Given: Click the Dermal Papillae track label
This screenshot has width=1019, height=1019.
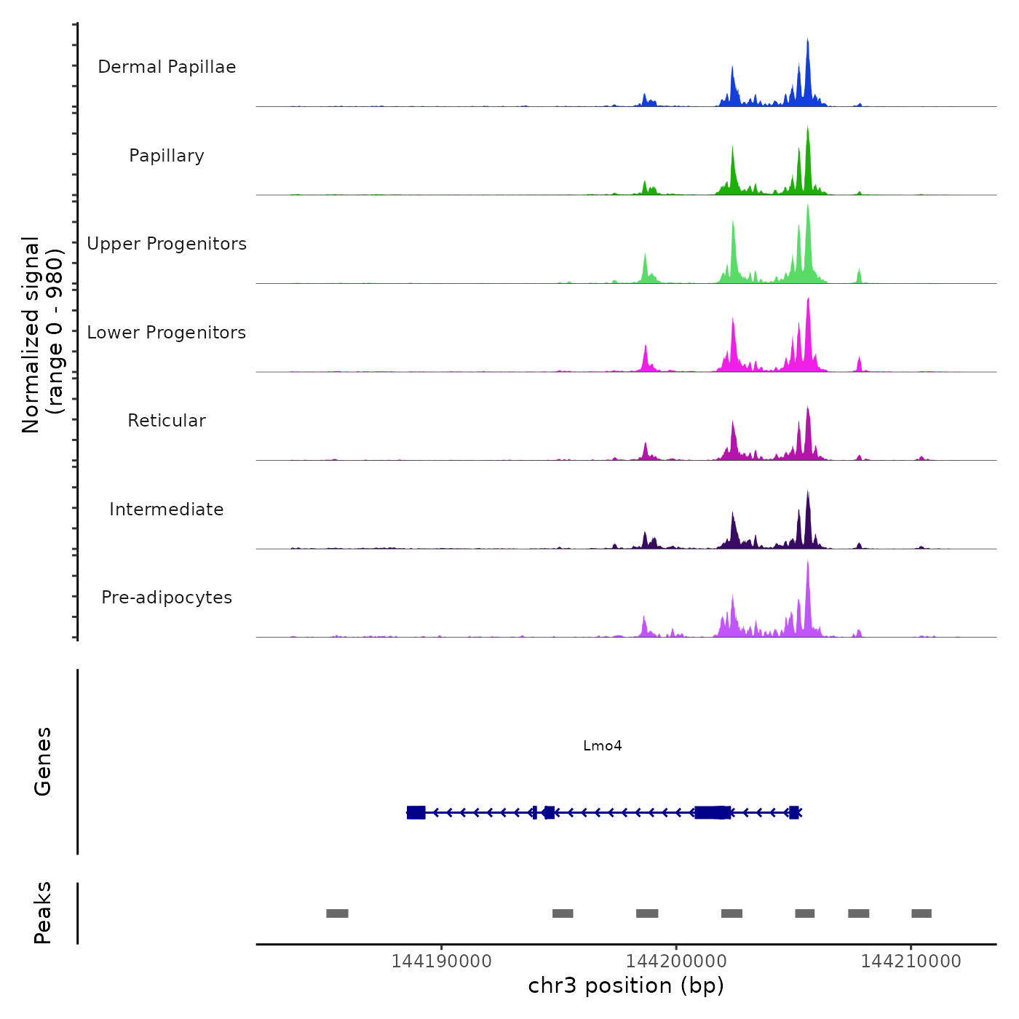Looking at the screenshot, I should pyautogui.click(x=167, y=67).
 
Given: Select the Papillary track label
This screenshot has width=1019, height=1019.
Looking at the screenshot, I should pyautogui.click(x=167, y=156).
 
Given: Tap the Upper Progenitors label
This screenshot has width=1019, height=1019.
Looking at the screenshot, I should pyautogui.click(x=167, y=244).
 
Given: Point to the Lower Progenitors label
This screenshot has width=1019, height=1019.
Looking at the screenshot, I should pyautogui.click(x=167, y=333).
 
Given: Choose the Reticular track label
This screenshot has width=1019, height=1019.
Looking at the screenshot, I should pyautogui.click(x=167, y=421).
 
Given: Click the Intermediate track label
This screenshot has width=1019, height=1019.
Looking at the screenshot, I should pyautogui.click(x=167, y=509).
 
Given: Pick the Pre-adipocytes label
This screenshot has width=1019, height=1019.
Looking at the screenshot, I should pyautogui.click(x=167, y=598).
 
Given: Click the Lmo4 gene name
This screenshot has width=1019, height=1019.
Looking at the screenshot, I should pyautogui.click(x=603, y=746).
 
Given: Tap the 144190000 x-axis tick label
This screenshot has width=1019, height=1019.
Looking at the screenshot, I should pyautogui.click(x=441, y=961).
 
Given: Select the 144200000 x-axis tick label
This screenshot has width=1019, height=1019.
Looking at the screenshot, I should pyautogui.click(x=676, y=961).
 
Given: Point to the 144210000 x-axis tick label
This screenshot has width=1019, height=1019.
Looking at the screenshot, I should pyautogui.click(x=911, y=961).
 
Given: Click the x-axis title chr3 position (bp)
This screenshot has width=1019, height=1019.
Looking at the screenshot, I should pyautogui.click(x=626, y=986).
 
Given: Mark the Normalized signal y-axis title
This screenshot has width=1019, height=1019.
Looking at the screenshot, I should pyautogui.click(x=42, y=335).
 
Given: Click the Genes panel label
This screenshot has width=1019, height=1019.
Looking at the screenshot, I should pyautogui.click(x=43, y=761).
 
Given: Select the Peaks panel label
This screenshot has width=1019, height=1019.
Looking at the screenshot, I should pyautogui.click(x=43, y=913).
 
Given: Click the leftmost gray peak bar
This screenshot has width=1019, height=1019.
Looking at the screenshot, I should pyautogui.click(x=337, y=913).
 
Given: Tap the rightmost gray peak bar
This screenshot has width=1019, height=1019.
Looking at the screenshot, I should pyautogui.click(x=921, y=913).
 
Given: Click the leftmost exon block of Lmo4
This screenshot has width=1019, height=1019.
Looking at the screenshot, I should pyautogui.click(x=416, y=812).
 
